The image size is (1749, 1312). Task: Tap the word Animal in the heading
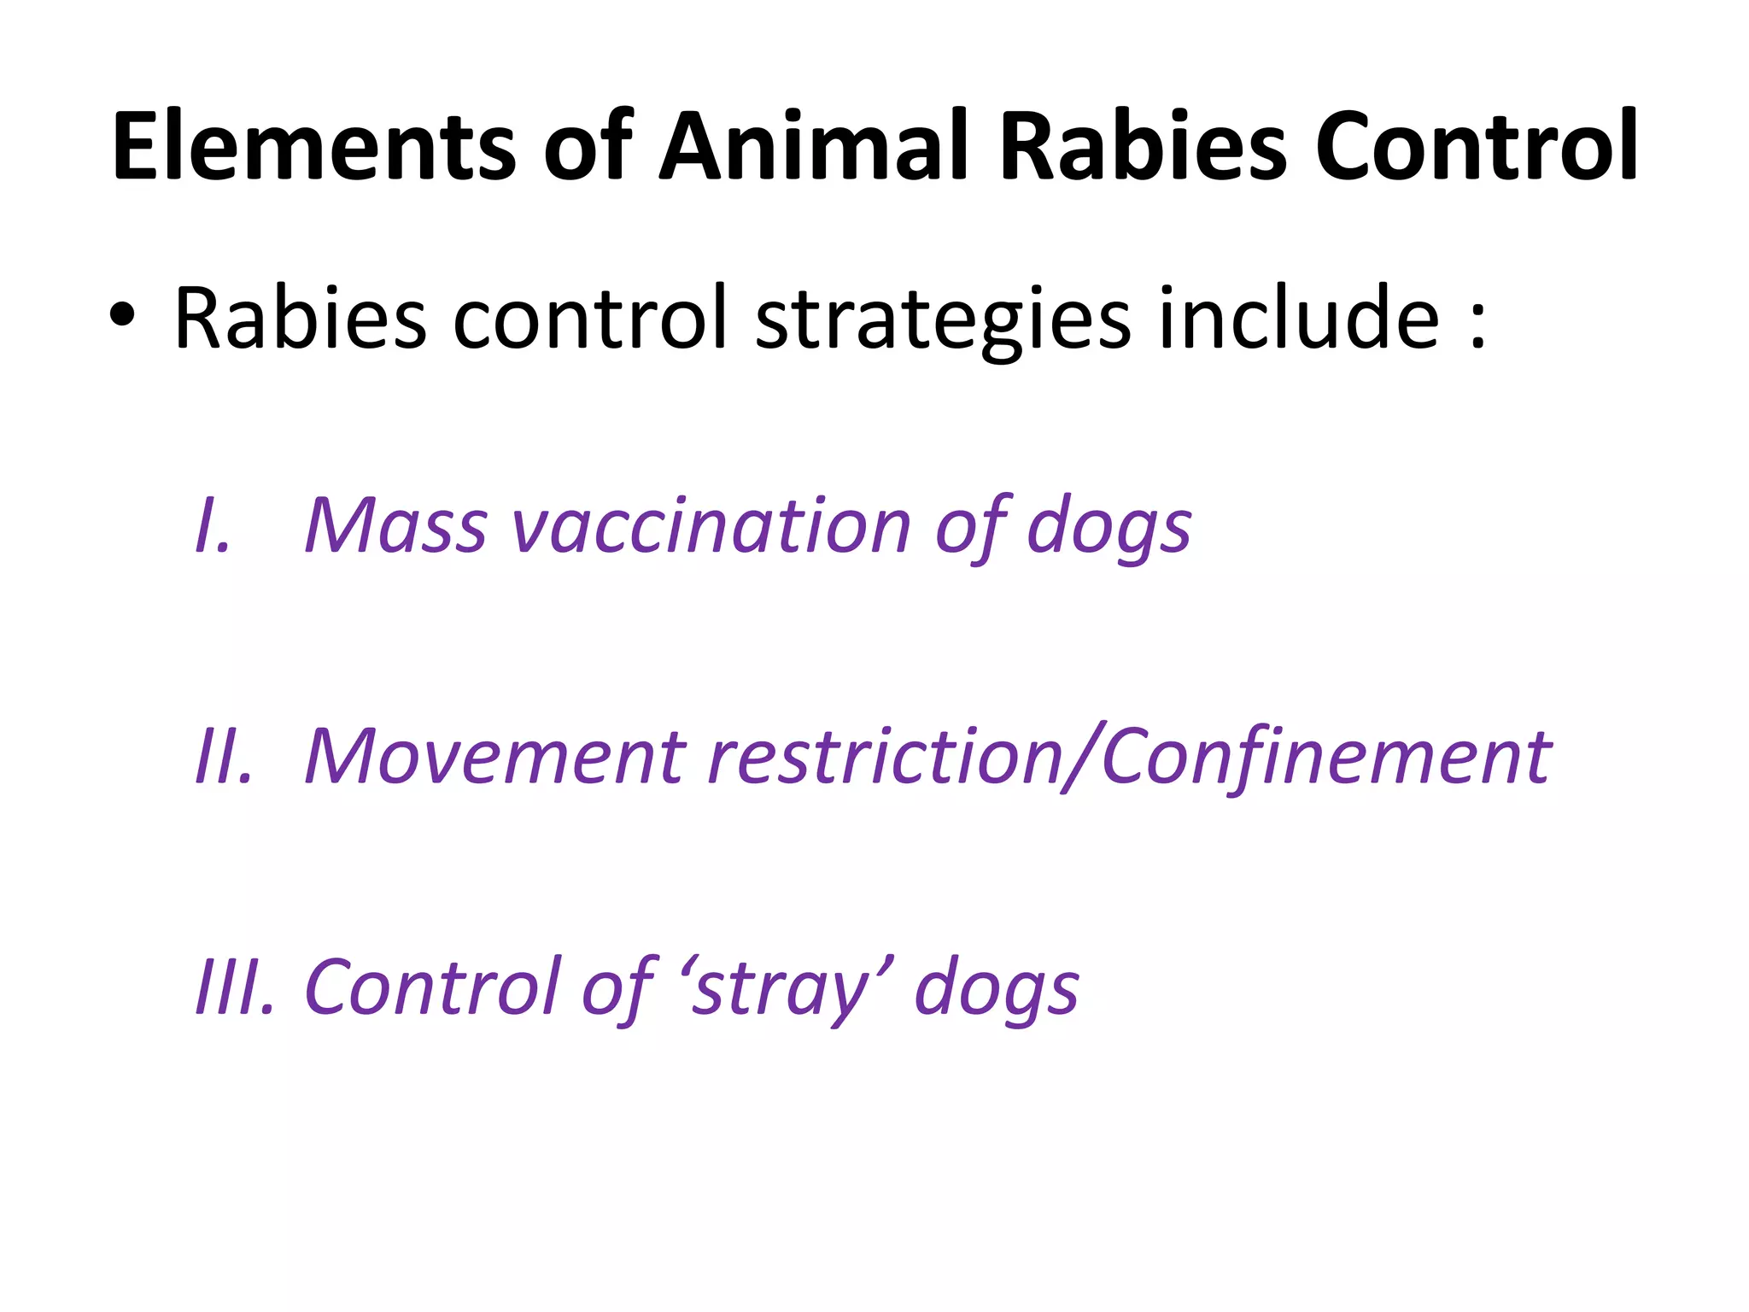[815, 147]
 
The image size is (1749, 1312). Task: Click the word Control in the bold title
[1476, 147]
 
